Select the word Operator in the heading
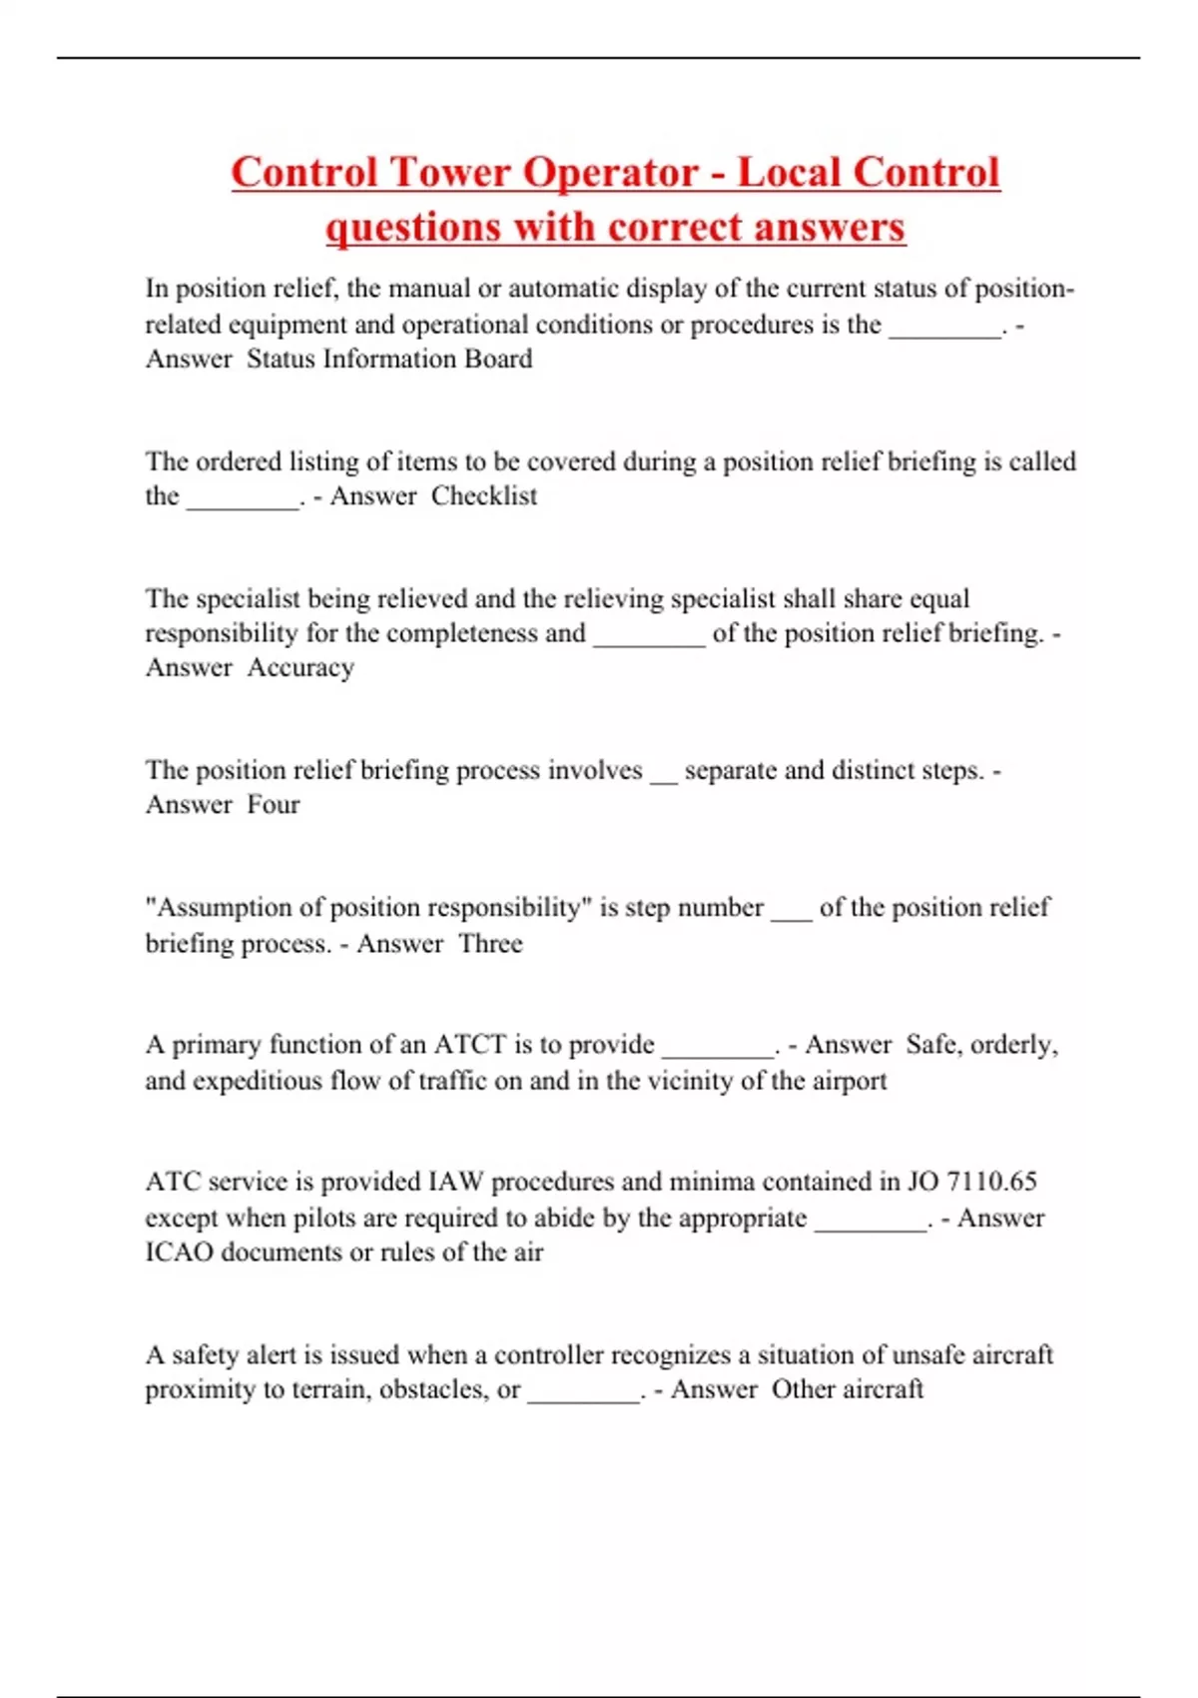point(611,172)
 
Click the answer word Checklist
point(484,495)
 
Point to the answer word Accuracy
point(300,667)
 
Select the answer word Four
point(274,805)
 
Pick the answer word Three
point(490,944)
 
